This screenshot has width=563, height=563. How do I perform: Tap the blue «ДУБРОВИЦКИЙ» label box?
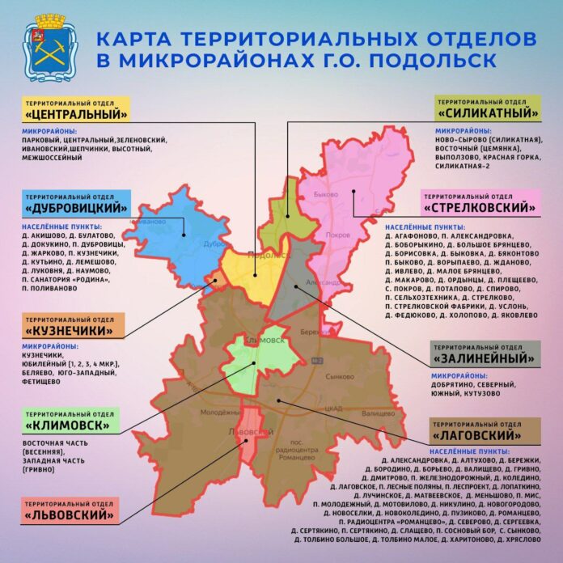(x=78, y=205)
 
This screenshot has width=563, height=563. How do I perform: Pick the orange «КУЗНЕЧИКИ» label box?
(x=74, y=328)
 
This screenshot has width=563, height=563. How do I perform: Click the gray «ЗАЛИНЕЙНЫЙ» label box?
(x=486, y=353)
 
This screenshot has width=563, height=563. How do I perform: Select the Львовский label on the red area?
(x=248, y=433)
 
